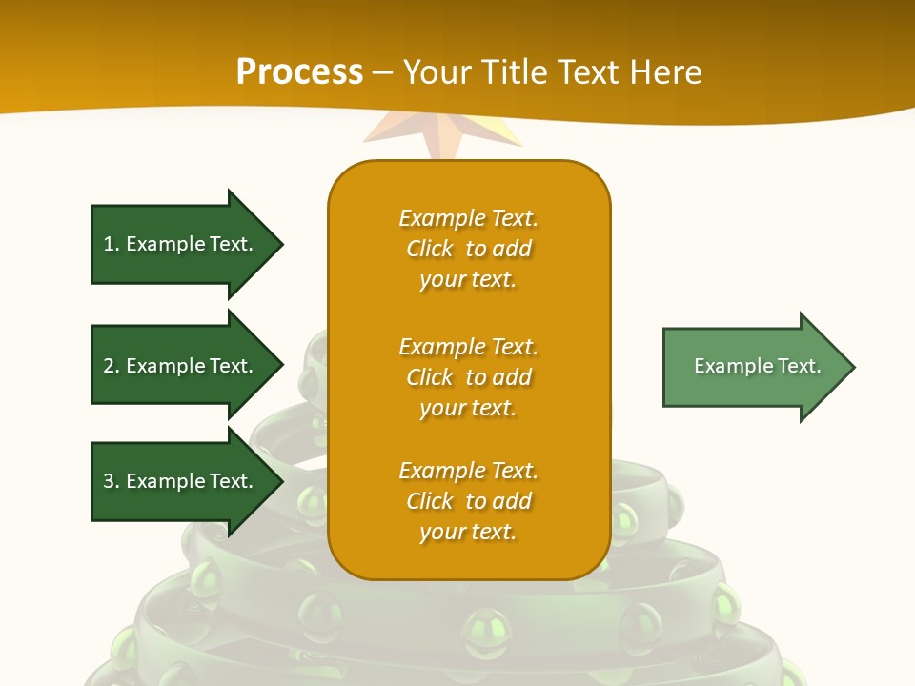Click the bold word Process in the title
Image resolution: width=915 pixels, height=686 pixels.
[299, 72]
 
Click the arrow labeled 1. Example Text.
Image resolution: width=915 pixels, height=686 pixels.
[186, 244]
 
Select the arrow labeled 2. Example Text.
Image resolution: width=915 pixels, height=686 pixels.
[186, 366]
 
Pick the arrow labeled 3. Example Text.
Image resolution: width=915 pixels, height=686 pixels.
[186, 481]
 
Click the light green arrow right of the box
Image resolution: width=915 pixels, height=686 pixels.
[758, 366]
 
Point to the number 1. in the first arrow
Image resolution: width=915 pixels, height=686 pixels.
[112, 244]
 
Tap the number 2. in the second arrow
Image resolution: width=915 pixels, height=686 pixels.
[112, 366]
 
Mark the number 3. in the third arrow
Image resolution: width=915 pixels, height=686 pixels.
[112, 481]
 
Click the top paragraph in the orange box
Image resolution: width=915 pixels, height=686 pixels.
[468, 249]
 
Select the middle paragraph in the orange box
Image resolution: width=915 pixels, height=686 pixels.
[468, 377]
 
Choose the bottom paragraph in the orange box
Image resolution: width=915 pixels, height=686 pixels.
[468, 501]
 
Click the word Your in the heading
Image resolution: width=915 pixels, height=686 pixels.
[435, 72]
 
